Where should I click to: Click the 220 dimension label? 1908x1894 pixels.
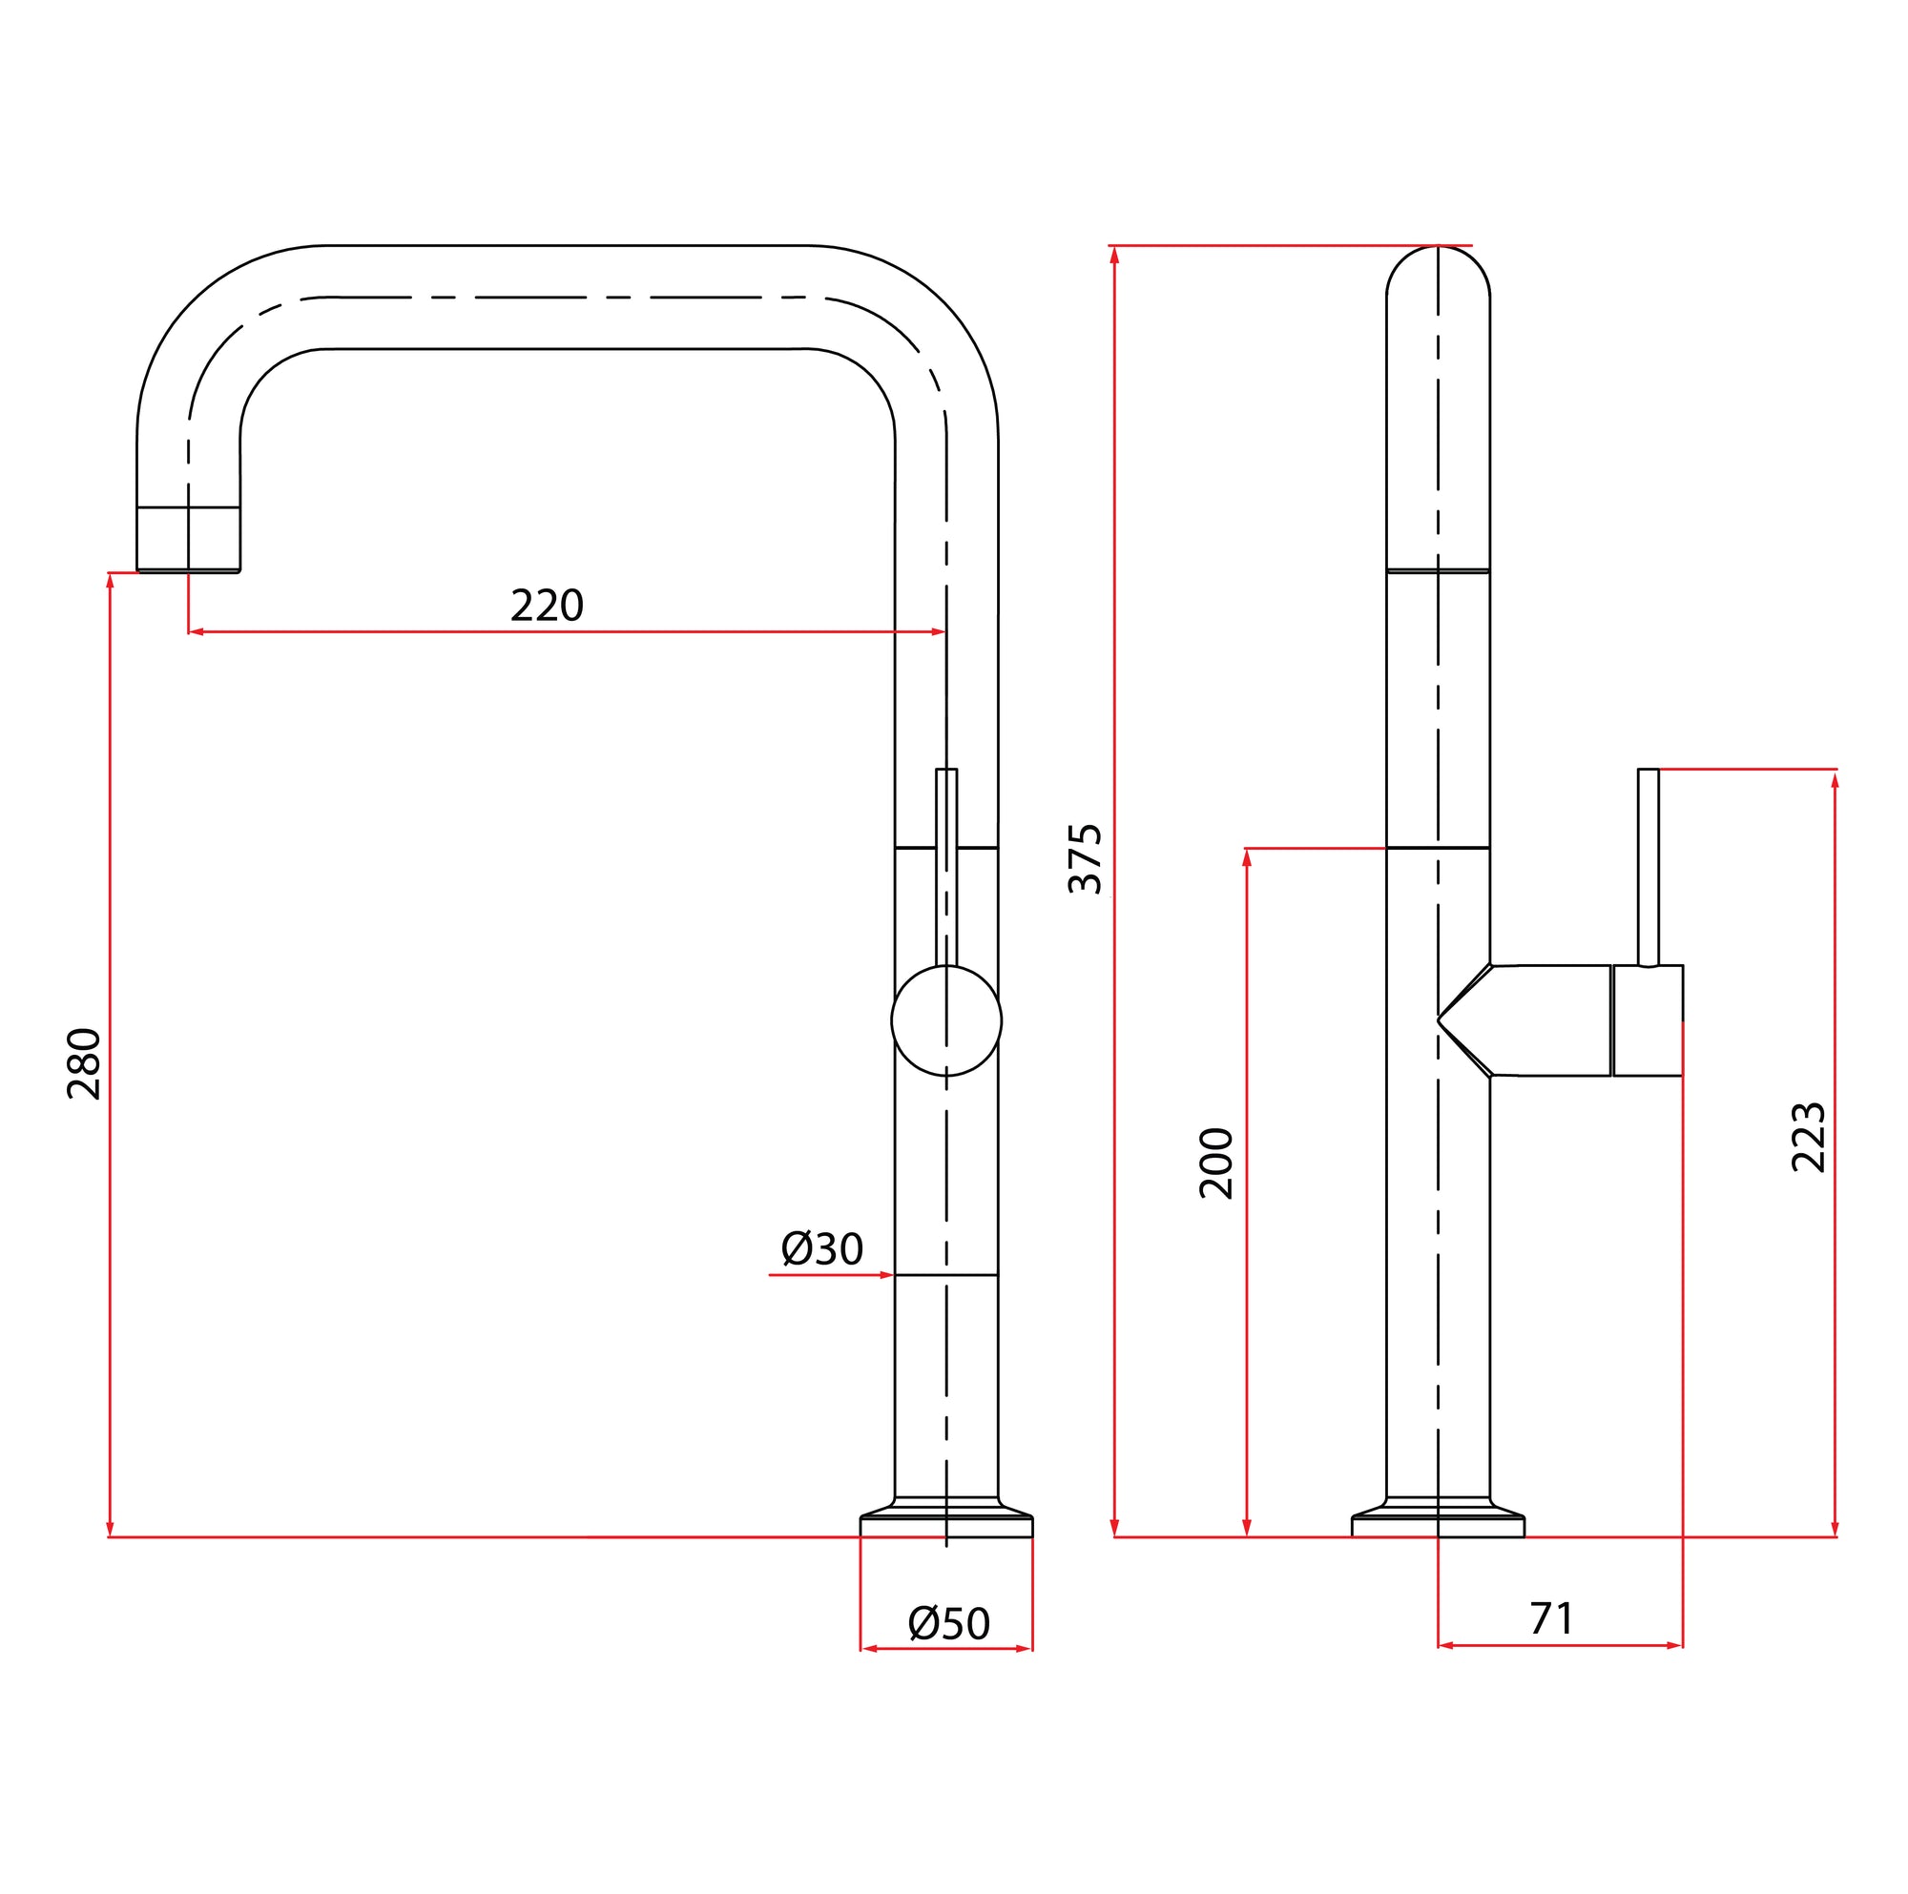(x=546, y=606)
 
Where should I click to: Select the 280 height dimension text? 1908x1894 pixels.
(x=85, y=1063)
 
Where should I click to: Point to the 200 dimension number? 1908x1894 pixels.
(x=1215, y=1163)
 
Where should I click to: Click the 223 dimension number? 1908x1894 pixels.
(x=1808, y=1137)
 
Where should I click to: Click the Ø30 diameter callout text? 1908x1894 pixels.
(x=821, y=1249)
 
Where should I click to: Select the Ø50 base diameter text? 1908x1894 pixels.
(x=948, y=1623)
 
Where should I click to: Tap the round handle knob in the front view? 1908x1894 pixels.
(x=945, y=1020)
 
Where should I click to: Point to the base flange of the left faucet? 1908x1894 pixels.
(x=945, y=1525)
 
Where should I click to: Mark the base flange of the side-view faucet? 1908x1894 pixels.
(x=1437, y=1525)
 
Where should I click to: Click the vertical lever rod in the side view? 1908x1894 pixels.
(x=1648, y=867)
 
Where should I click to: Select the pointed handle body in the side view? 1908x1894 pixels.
(x=1541, y=1020)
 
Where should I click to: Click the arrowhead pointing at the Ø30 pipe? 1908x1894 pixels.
(x=886, y=1275)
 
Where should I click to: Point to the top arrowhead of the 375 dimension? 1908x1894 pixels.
(x=1114, y=255)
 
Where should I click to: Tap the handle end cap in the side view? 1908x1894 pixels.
(x=1648, y=1020)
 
